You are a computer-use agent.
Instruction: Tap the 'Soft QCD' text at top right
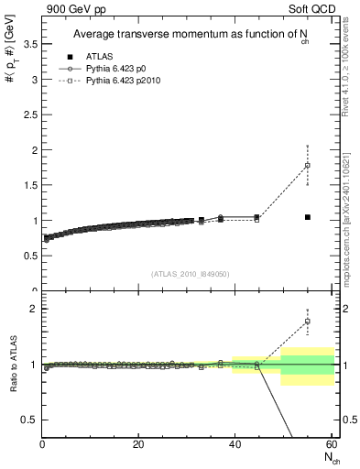(x=311, y=9)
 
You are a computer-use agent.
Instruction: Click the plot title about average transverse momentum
(x=182, y=35)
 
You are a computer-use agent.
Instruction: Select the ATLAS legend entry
(x=78, y=56)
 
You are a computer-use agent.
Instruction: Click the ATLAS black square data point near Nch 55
(x=308, y=217)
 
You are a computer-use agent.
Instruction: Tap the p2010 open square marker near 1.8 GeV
(x=308, y=165)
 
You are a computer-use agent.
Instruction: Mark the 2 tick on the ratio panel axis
(x=33, y=309)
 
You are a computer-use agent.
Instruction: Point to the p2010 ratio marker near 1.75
(x=308, y=322)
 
